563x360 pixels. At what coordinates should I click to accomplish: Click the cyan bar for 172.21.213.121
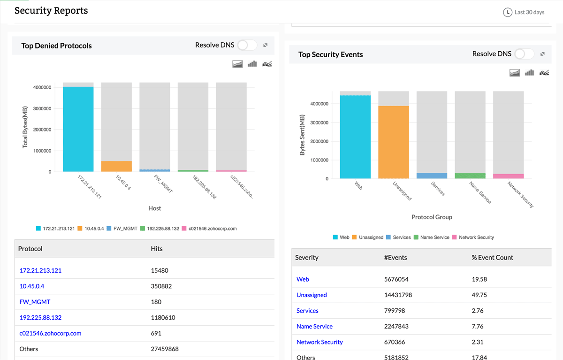click(78, 129)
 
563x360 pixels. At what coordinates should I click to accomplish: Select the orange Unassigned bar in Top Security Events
click(394, 142)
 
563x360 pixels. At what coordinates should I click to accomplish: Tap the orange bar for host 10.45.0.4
click(116, 166)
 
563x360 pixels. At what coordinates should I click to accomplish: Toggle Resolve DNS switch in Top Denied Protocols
click(247, 45)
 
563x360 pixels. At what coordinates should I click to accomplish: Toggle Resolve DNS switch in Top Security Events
click(524, 54)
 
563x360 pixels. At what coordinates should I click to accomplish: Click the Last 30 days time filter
click(524, 12)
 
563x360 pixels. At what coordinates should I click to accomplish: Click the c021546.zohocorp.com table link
click(50, 333)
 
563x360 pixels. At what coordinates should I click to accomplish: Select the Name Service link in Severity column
click(314, 326)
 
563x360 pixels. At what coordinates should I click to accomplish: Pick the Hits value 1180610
click(163, 318)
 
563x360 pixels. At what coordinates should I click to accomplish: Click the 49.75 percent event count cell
click(479, 295)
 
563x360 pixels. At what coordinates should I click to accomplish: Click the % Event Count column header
click(492, 257)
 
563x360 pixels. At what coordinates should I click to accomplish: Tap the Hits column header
click(157, 248)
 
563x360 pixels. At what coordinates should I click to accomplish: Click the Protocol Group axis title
click(432, 217)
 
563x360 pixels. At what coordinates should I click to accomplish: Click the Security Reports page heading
click(51, 10)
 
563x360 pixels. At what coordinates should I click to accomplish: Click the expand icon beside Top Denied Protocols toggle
click(266, 45)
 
